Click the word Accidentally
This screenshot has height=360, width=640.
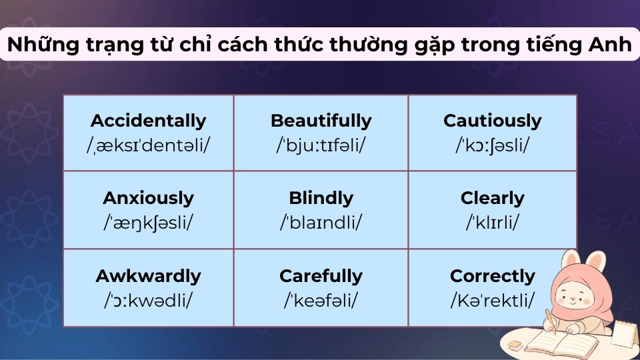click(x=148, y=121)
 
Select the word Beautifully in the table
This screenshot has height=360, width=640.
click(x=321, y=121)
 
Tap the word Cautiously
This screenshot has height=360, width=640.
click(x=492, y=121)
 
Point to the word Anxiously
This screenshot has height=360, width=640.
click(x=148, y=198)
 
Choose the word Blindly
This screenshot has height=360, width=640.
click(x=321, y=198)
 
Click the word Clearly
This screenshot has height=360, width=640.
click(x=492, y=198)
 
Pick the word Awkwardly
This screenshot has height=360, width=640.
click(x=148, y=276)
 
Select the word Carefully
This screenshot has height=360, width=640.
click(x=321, y=276)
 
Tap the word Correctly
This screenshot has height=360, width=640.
click(x=492, y=276)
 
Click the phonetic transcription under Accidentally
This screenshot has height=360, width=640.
click(x=148, y=144)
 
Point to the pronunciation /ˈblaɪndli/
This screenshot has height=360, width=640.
click(x=321, y=222)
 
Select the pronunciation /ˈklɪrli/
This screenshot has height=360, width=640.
click(x=492, y=222)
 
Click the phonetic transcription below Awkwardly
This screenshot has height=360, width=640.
click(x=148, y=300)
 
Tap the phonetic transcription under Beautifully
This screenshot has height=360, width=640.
click(x=321, y=144)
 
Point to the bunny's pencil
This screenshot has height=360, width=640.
click(x=551, y=319)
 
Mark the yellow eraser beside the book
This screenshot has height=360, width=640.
click(x=515, y=344)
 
